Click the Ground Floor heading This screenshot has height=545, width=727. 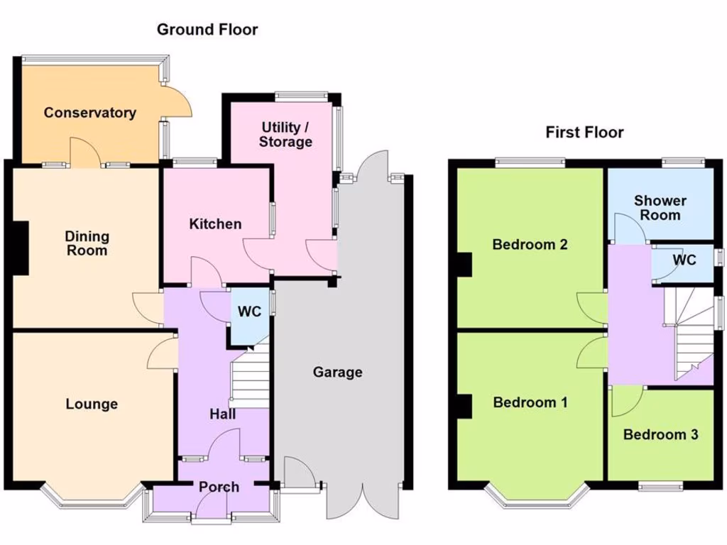click(x=207, y=30)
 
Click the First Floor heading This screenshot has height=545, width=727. click(x=584, y=132)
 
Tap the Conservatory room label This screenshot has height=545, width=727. click(x=89, y=113)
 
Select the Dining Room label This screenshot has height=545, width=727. click(x=87, y=243)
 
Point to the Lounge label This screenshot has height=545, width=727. click(x=92, y=404)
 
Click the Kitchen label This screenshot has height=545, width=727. click(x=215, y=224)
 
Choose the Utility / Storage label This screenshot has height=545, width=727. click(x=285, y=135)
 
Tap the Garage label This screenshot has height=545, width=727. click(x=338, y=372)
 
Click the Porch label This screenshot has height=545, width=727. click(x=219, y=488)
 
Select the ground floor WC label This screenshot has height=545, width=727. click(x=249, y=312)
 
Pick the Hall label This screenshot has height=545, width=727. click(x=223, y=414)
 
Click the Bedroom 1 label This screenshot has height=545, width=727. click(x=530, y=403)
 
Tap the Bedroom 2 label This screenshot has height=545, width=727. click(x=530, y=245)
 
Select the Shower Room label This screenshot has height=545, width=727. click(x=660, y=208)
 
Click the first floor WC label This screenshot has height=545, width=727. click(x=684, y=260)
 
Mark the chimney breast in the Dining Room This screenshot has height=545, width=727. click(x=21, y=247)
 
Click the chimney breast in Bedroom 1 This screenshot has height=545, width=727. click(x=465, y=407)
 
